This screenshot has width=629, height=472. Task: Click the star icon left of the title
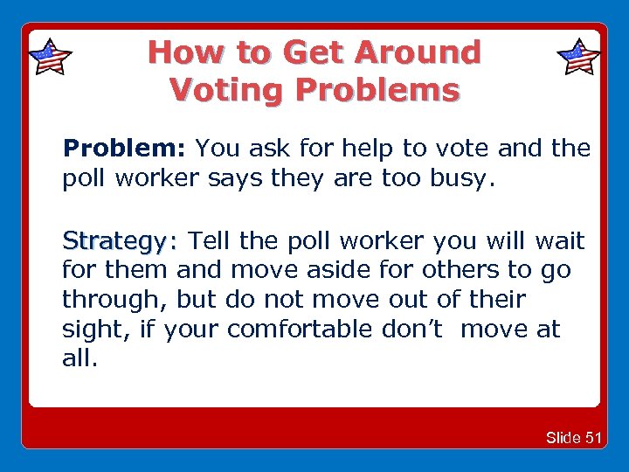pyautogui.click(x=50, y=58)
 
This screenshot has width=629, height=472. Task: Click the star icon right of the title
pyautogui.click(x=578, y=58)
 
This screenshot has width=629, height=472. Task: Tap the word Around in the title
pyautogui.click(x=417, y=52)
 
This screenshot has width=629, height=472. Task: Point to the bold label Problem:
pyautogui.click(x=125, y=149)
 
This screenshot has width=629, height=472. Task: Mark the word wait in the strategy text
pyautogui.click(x=559, y=240)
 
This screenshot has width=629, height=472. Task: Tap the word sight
pyautogui.click(x=88, y=330)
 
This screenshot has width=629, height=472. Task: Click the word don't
pyautogui.click(x=407, y=330)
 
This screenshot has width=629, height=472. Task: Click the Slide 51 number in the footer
pyautogui.click(x=573, y=437)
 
